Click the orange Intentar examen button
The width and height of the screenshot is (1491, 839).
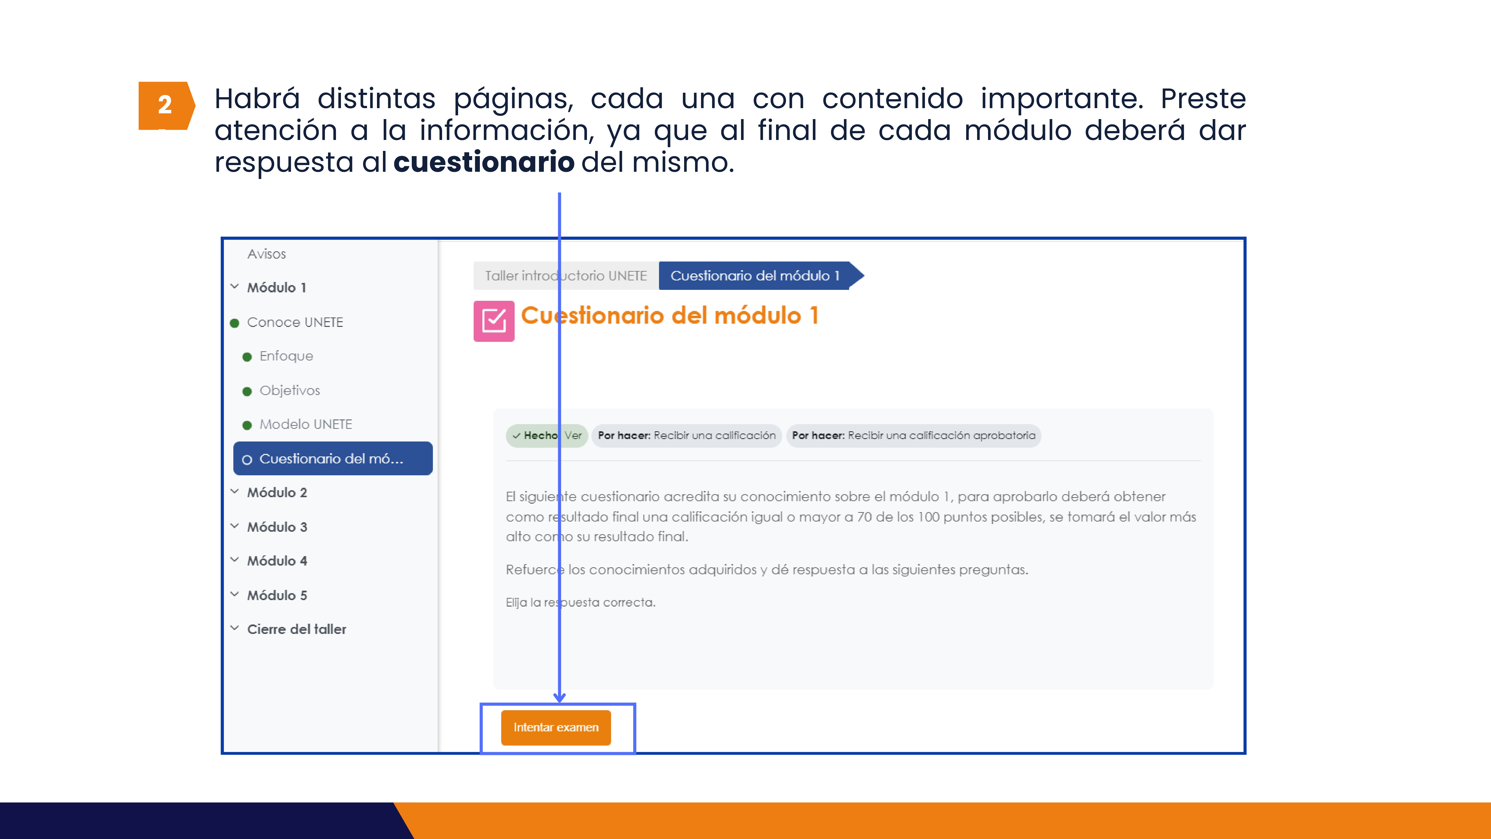pos(556,727)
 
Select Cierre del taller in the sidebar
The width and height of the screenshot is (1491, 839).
pos(296,629)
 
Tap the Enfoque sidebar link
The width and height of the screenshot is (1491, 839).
pos(286,356)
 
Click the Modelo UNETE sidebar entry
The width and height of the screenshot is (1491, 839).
pos(306,424)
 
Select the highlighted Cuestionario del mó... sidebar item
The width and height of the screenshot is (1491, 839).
pos(333,459)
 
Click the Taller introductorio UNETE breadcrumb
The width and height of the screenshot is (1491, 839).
pos(566,276)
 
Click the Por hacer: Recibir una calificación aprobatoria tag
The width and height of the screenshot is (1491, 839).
pos(913,436)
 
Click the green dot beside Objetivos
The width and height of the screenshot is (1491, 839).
pos(247,392)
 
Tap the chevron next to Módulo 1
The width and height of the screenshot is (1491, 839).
pos(234,287)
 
